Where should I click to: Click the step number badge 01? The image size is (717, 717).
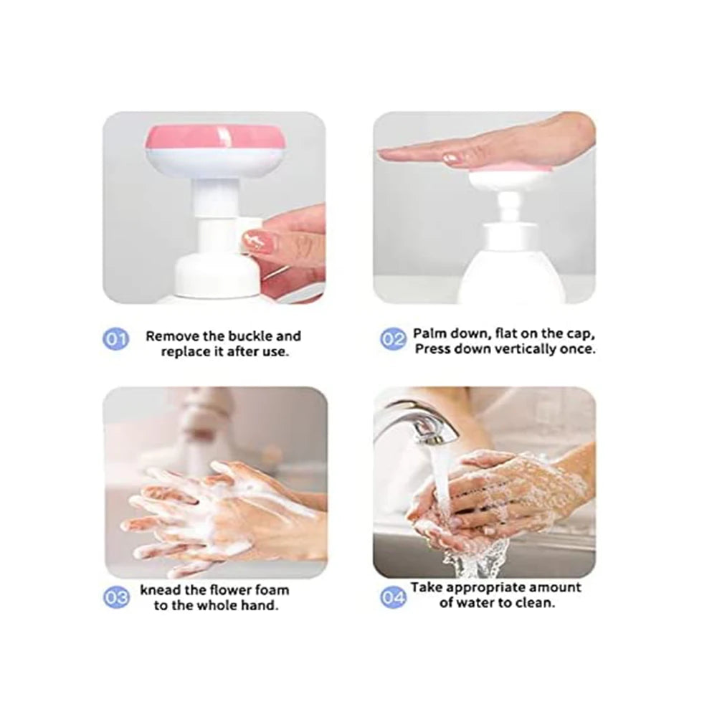116,338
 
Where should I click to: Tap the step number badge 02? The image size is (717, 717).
392,338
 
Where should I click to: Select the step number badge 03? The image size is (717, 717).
116,597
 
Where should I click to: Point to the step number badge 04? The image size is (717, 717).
392,597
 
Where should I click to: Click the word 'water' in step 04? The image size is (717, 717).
477,602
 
